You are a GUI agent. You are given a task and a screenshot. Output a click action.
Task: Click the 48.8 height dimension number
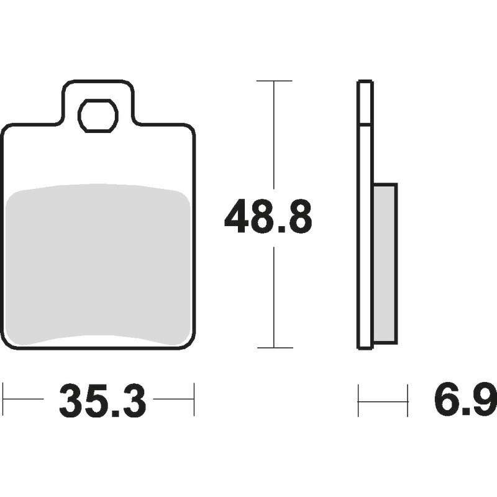(268, 216)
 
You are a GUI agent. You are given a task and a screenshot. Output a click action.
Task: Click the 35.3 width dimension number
(103, 399)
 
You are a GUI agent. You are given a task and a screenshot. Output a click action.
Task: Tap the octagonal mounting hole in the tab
(98, 116)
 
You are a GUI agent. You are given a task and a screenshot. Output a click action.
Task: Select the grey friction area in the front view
(98, 265)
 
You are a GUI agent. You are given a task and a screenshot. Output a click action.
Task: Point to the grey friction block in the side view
(385, 263)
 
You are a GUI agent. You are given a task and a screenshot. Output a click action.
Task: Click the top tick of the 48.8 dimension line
(274, 81)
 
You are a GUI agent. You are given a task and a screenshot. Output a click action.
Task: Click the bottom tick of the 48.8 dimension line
(275, 348)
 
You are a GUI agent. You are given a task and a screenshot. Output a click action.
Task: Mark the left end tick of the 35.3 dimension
(3, 399)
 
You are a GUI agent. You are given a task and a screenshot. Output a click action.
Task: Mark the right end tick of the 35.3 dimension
(194, 399)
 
